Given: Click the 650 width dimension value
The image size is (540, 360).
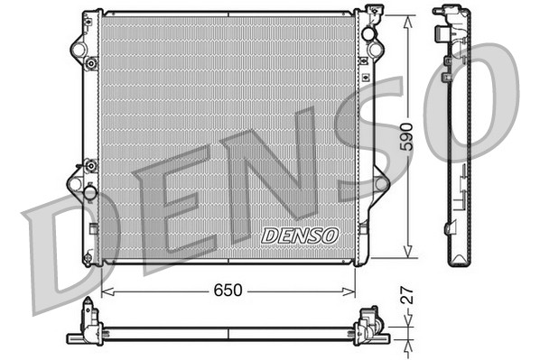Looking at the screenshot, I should pyautogui.click(x=228, y=292).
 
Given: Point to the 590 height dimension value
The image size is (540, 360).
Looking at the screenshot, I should pyautogui.click(x=408, y=135).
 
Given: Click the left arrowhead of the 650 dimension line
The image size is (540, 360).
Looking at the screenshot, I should pyautogui.click(x=106, y=292).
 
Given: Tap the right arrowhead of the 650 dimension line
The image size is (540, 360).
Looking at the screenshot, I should pyautogui.click(x=352, y=292).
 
